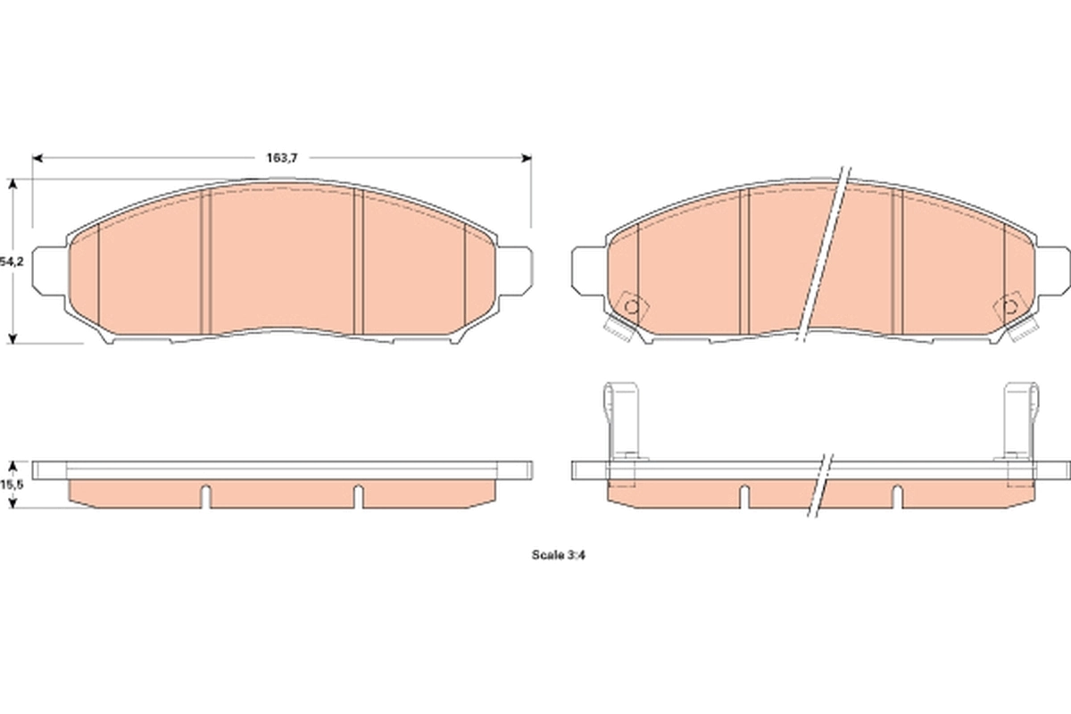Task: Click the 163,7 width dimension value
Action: coord(281,158)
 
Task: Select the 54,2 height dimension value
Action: coord(11,262)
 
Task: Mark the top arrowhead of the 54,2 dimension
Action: coord(12,182)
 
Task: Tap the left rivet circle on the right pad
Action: coord(631,307)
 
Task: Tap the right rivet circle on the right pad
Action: coord(1011,309)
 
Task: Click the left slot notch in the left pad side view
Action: coord(205,494)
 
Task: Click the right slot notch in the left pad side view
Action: coord(358,494)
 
